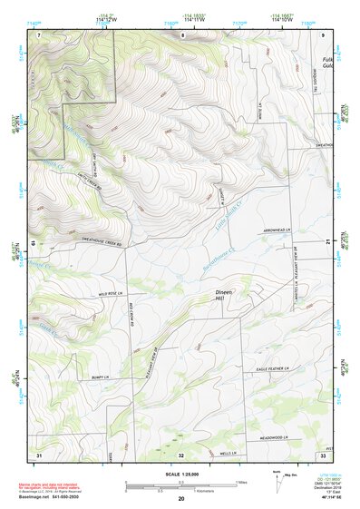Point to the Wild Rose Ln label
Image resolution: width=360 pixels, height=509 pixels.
click(108, 295)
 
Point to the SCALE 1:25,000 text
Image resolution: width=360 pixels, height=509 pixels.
click(180, 475)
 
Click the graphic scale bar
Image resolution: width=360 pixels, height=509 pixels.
click(180, 485)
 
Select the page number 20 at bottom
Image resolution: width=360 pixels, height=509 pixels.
click(180, 499)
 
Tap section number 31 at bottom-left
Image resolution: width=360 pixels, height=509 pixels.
click(39, 453)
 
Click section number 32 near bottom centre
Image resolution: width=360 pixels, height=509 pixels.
click(180, 454)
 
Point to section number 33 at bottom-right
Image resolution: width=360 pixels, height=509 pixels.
click(322, 454)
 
